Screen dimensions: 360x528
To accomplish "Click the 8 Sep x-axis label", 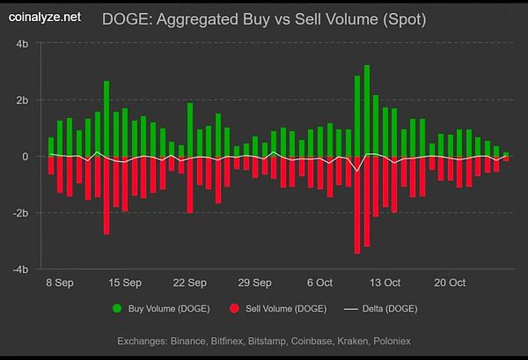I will click(61, 283).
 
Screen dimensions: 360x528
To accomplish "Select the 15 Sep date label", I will click(125, 283).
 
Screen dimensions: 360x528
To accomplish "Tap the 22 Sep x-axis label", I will click(190, 283).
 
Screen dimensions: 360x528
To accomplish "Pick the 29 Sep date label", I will click(255, 283).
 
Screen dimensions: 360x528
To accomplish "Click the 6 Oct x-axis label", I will click(319, 283).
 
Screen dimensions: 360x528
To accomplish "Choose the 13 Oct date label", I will click(385, 283).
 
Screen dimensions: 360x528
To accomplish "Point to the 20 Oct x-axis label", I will click(450, 283).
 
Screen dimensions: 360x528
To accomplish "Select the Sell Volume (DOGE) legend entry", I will click(276, 309).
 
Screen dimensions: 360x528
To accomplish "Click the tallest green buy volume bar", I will click(357, 114).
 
